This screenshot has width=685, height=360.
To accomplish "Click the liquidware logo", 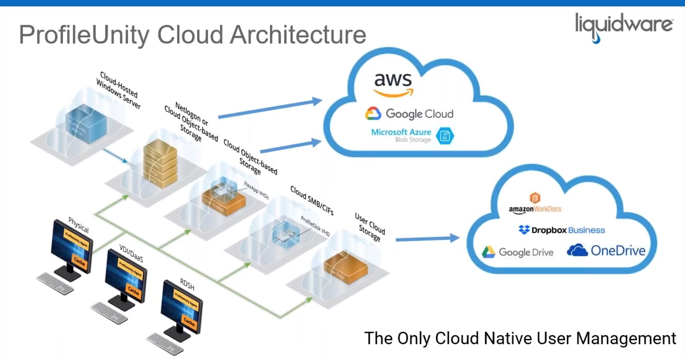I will (624, 26).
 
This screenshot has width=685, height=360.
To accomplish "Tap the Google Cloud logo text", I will (419, 114).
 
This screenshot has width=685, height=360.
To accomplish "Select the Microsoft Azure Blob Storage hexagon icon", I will (445, 136).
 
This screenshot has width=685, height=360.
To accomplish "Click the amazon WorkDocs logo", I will (535, 205).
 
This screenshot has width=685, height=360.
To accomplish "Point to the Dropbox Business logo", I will (561, 230).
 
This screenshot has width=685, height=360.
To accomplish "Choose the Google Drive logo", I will (518, 252).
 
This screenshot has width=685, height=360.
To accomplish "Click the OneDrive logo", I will (606, 251).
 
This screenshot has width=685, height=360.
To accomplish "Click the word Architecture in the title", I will (298, 35).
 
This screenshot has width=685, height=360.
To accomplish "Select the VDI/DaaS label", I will (131, 253).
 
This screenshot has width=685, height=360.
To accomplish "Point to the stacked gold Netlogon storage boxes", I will (160, 163).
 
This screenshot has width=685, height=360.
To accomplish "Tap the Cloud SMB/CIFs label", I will (312, 200).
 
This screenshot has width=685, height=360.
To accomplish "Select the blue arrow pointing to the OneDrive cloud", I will (427, 239).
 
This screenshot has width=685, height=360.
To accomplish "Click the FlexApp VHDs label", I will (256, 190).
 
